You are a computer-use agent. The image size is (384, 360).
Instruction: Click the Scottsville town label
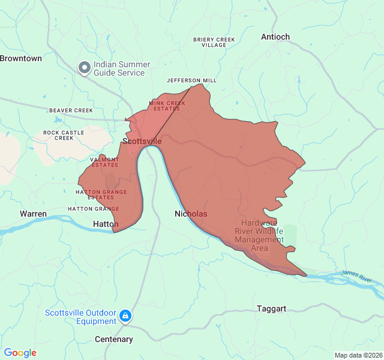142,141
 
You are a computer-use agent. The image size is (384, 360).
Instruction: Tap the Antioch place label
275,37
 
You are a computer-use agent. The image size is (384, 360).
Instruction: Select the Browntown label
21,58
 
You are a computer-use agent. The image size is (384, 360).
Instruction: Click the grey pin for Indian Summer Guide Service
85,68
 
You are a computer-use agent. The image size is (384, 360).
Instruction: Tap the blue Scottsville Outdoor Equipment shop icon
125,316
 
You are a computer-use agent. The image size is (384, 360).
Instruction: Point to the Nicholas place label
191,214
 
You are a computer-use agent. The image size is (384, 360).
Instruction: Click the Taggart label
271,308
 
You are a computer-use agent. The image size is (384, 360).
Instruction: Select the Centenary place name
114,340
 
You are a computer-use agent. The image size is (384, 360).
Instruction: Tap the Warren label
33,214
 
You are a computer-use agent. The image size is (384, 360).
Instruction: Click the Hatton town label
106,224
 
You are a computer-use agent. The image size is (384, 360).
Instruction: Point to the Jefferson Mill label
192,80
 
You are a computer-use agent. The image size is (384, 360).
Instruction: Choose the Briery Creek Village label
214,42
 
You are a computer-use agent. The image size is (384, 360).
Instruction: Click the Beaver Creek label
71,110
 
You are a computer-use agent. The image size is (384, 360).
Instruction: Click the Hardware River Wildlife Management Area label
259,235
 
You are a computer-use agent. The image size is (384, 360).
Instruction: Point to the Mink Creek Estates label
167,106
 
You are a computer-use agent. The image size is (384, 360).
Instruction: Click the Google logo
20,353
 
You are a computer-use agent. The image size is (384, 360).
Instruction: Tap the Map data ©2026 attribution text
358,355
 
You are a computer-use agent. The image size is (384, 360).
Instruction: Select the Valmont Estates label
104,162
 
